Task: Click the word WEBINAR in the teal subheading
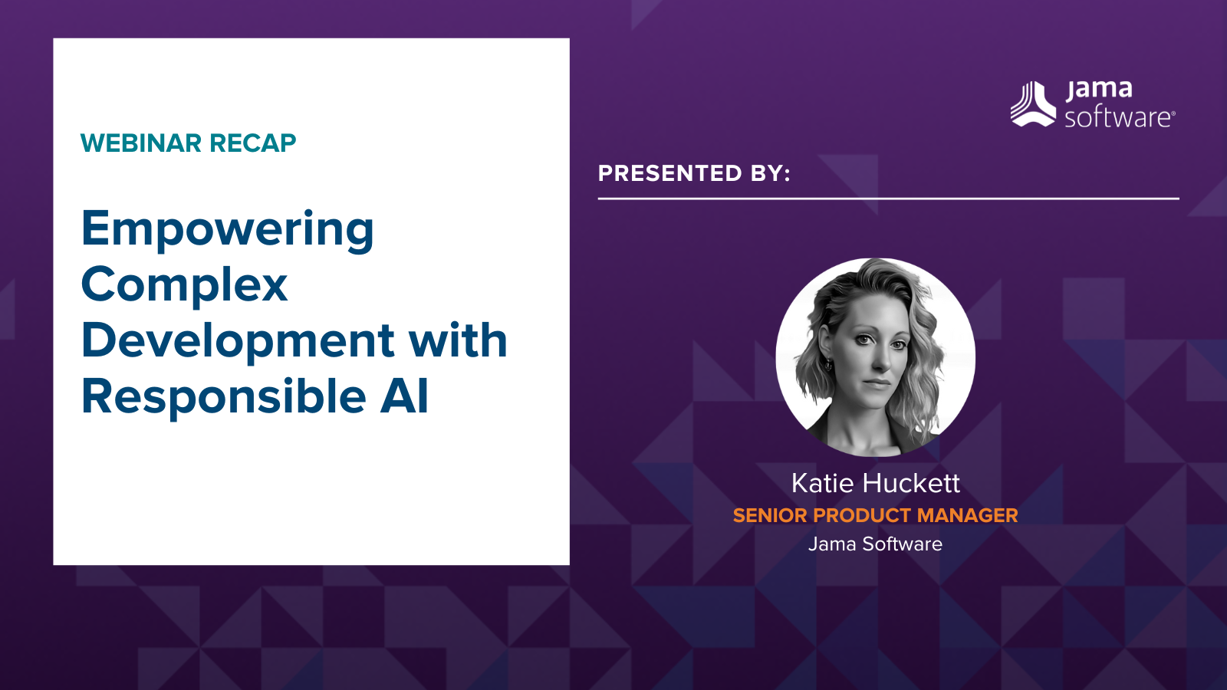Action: pos(141,143)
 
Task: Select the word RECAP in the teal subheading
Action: pos(252,143)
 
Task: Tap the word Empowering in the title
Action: pos(227,230)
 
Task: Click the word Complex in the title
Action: pos(185,284)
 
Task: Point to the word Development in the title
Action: pos(238,340)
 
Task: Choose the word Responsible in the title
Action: pos(223,396)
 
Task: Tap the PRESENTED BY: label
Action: pos(694,173)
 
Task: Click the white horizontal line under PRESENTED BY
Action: pos(889,199)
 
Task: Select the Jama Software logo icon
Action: pos(1033,104)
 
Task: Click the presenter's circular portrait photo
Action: pos(875,357)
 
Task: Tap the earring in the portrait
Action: pos(828,365)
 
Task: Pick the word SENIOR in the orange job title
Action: pos(770,515)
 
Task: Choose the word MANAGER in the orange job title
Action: pos(967,515)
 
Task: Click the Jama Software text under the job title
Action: pos(875,544)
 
